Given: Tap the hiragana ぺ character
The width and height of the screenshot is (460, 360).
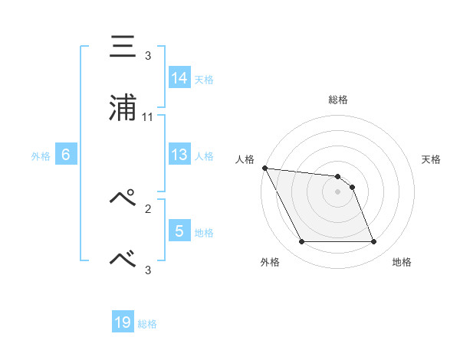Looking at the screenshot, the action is click(123, 198).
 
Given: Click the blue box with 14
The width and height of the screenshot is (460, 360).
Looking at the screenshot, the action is click(179, 77).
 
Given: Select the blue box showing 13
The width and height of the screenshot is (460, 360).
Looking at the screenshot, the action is click(179, 155).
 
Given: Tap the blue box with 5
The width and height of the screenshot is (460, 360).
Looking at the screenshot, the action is click(179, 231).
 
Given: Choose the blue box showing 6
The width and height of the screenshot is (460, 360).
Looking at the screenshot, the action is click(66, 155).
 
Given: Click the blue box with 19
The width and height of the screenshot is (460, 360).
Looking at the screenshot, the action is click(123, 322).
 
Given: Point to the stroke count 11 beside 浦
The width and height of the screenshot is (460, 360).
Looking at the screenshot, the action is click(148, 116).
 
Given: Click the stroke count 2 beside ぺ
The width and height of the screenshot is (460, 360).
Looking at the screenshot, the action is click(148, 207).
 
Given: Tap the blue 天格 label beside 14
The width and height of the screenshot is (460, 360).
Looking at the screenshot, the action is click(204, 79).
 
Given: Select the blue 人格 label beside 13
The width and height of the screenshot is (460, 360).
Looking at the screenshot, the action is click(204, 155).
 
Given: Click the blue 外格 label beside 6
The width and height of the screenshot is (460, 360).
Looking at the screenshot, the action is click(41, 155).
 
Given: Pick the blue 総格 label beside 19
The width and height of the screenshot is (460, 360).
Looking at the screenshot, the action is click(147, 324).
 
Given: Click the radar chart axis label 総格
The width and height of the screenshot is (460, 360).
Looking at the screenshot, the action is click(338, 100).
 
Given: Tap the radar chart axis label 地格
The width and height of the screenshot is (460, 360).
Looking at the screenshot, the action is click(402, 263).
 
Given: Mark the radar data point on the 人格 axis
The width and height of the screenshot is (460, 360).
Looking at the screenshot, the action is click(264, 168).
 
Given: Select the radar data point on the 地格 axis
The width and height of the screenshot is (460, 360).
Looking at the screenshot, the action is click(373, 242).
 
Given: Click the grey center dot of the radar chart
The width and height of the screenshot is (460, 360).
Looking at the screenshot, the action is click(338, 191).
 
